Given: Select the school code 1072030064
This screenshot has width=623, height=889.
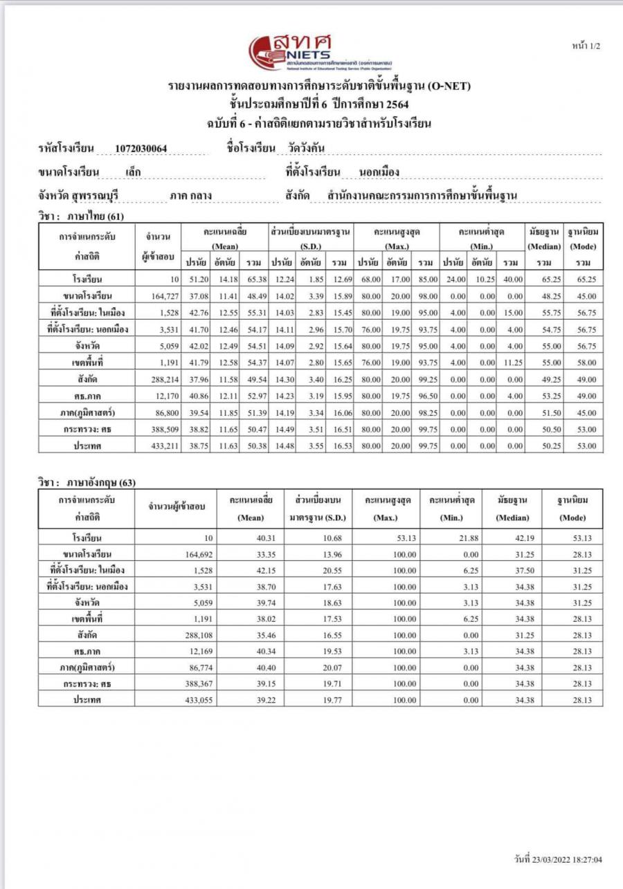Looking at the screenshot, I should point(141,149).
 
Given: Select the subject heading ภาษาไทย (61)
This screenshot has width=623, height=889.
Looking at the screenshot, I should point(81,217).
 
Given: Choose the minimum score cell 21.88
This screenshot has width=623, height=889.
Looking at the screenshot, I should point(451,537).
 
